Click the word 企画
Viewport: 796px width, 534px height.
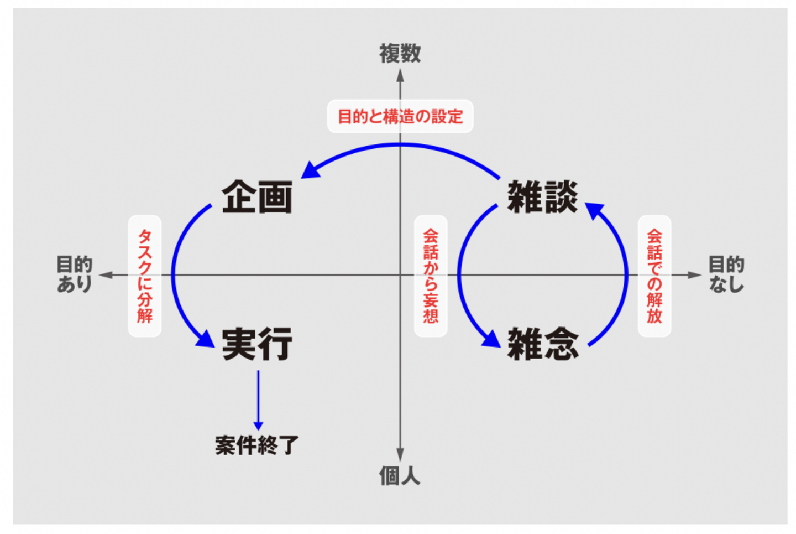click(x=257, y=197)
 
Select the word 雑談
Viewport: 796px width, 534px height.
click(x=543, y=197)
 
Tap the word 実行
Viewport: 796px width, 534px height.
click(x=257, y=344)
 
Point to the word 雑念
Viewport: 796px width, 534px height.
click(x=543, y=344)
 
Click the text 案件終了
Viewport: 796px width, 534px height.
click(x=257, y=445)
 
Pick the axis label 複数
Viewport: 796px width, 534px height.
click(x=400, y=54)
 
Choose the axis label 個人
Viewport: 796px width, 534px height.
click(x=400, y=475)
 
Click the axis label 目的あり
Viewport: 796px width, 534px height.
click(x=75, y=274)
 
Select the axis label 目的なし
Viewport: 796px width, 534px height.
click(x=726, y=274)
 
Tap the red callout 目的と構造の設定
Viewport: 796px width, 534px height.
click(x=400, y=116)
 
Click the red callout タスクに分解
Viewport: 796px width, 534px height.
click(x=145, y=276)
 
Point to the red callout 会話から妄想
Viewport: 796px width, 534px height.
click(x=431, y=276)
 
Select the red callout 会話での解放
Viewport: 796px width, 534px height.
click(x=654, y=276)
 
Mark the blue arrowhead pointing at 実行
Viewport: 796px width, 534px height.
click(x=206, y=339)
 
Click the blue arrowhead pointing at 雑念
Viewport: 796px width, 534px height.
click(x=491, y=339)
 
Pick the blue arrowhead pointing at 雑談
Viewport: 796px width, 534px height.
click(x=594, y=210)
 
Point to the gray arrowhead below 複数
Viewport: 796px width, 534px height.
click(x=400, y=76)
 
